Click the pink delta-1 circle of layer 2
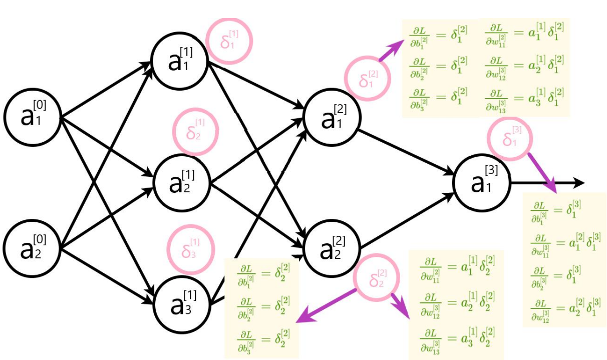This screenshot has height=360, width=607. click(x=368, y=79)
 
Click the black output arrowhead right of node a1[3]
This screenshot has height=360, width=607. click(x=578, y=183)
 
